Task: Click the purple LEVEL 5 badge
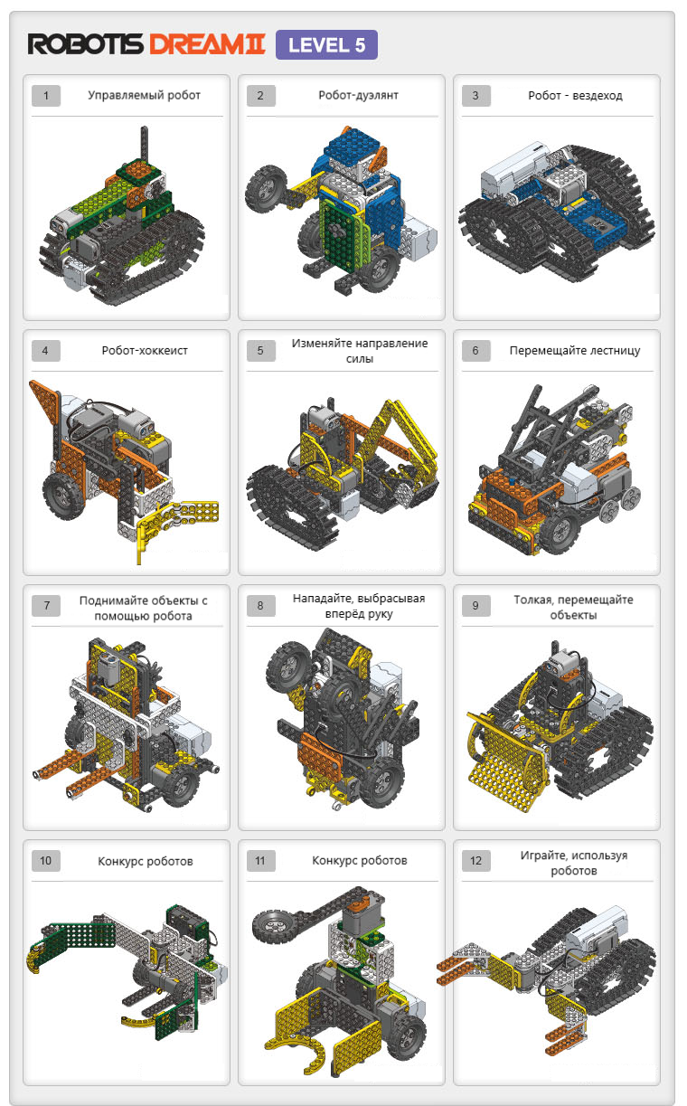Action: tap(326, 45)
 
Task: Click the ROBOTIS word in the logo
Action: tap(85, 44)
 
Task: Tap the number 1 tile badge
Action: tap(46, 95)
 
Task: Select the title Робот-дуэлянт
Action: tap(358, 95)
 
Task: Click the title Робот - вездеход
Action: tap(575, 95)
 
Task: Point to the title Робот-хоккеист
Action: tap(145, 350)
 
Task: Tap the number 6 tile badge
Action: tap(475, 351)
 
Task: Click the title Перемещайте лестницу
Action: tap(575, 350)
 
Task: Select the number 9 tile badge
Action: tap(475, 606)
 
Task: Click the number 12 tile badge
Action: tap(475, 861)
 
